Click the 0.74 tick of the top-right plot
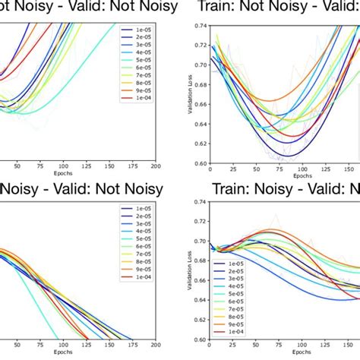[x=199, y=26]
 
